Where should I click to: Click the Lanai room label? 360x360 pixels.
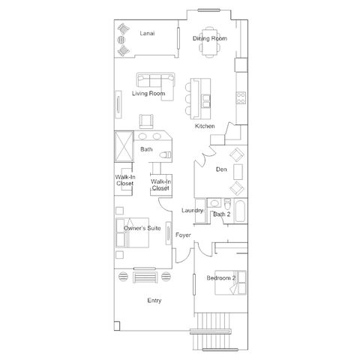[x=147, y=33]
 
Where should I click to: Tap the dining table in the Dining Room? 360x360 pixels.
[x=209, y=42]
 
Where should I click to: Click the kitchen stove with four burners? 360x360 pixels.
[x=241, y=97]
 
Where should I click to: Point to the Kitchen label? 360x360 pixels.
[x=205, y=126]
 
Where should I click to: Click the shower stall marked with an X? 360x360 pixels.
[x=124, y=146]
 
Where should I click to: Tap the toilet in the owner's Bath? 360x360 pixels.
[x=165, y=155]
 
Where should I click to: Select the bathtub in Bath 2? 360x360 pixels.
[x=241, y=211]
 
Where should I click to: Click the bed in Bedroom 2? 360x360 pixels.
[x=230, y=283]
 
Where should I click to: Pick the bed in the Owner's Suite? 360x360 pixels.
[x=132, y=232]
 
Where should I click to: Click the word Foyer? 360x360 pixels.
[x=183, y=235]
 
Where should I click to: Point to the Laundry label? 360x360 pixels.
[x=192, y=211]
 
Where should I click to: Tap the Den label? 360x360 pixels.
[x=221, y=169]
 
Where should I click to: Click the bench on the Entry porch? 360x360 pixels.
[x=145, y=277]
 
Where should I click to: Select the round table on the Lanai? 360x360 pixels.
[x=121, y=40]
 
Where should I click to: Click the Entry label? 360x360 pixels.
[x=154, y=300]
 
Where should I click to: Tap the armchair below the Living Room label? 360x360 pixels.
[x=146, y=121]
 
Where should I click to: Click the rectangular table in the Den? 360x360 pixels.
[x=238, y=172]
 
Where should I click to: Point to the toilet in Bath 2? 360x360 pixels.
[x=227, y=203]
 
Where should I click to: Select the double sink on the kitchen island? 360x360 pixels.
[x=206, y=101]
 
